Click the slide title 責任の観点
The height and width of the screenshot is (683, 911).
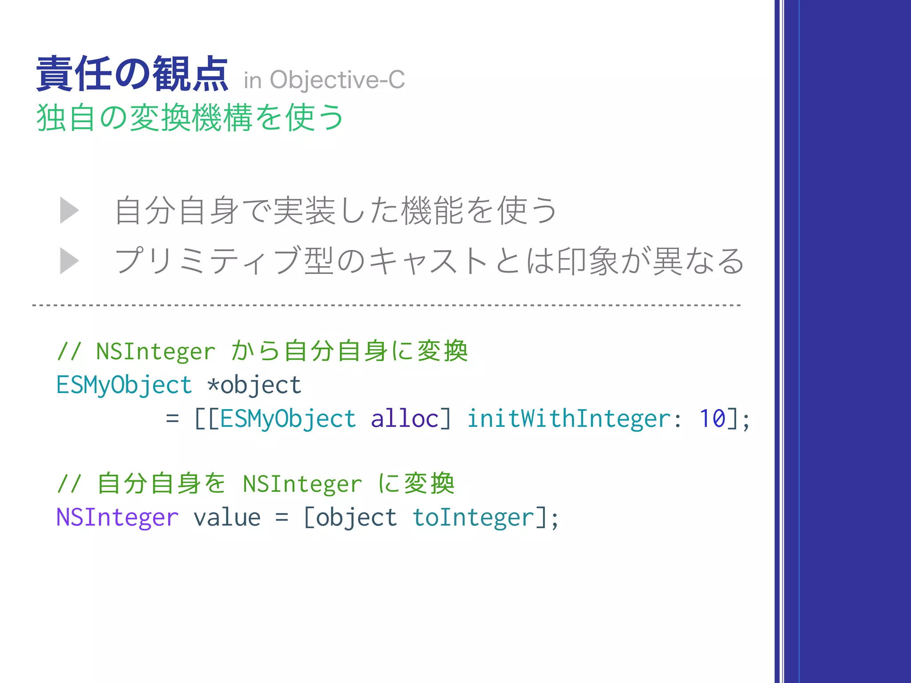pos(132,74)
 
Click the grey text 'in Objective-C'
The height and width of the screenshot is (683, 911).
pos(324,80)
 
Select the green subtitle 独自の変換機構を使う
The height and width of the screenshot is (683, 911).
pos(190,118)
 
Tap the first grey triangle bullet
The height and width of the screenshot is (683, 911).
pos(69,210)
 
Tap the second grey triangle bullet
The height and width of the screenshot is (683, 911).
pos(69,261)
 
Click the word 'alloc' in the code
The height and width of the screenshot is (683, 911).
pos(405,419)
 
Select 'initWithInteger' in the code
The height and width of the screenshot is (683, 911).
pos(569,419)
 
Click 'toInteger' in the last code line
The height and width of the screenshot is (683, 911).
pos(473,518)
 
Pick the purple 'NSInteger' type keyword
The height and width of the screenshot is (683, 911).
pos(117,518)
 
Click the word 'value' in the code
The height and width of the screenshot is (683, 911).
pos(227,518)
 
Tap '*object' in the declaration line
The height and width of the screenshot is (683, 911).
pos(254,385)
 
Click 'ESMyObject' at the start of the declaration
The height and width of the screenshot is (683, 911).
pos(124,385)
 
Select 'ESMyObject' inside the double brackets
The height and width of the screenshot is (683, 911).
pos(288,419)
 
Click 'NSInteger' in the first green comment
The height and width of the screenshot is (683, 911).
pos(156,352)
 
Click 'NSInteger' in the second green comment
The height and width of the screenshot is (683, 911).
pos(302,484)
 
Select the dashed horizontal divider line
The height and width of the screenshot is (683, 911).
pos(386,305)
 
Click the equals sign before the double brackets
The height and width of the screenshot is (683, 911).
pos(172,419)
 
